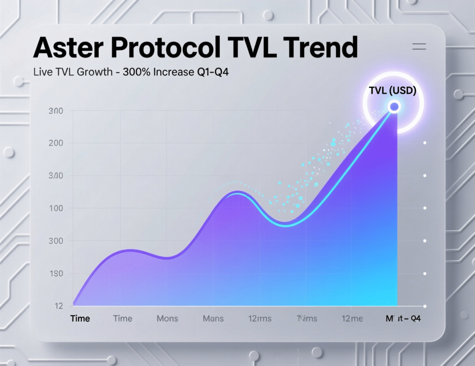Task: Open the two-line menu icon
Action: [x=419, y=46]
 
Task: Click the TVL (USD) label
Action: [x=392, y=91]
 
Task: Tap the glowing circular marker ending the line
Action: [x=394, y=107]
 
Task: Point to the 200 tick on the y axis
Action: [x=56, y=143]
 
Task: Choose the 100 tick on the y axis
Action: [x=56, y=208]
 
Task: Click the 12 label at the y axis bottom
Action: [x=58, y=306]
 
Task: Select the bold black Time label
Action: [x=80, y=319]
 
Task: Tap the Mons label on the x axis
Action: [x=167, y=319]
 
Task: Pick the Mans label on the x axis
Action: [x=213, y=319]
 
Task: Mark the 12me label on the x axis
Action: [x=352, y=319]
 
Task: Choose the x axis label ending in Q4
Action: [x=403, y=319]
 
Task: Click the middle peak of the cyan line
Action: [x=237, y=192]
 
